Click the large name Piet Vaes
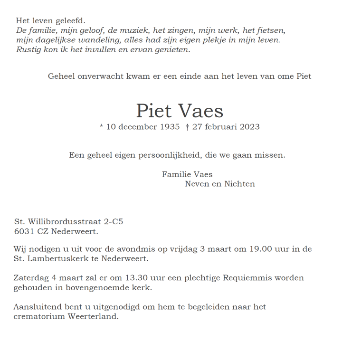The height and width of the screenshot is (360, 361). (x=180, y=111)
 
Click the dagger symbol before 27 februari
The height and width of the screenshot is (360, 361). (x=187, y=127)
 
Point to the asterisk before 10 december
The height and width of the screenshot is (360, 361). (x=101, y=127)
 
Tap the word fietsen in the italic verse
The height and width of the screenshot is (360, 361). (x=270, y=30)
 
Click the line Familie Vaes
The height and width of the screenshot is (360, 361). (x=187, y=174)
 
